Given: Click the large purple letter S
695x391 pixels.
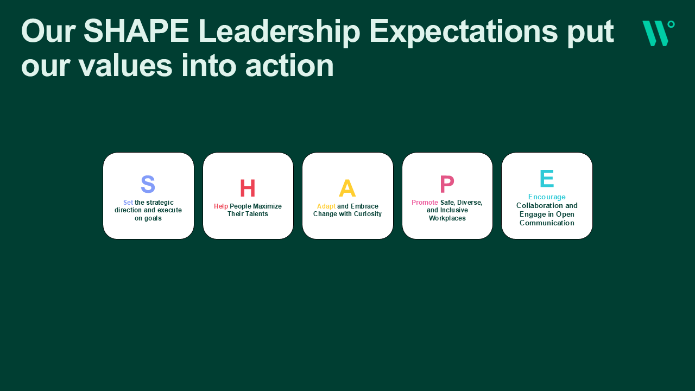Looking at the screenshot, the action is pos(148,184).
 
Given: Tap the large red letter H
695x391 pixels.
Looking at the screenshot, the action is pos(248,188).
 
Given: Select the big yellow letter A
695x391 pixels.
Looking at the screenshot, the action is pos(347,188).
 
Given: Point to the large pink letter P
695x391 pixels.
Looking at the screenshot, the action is pos(447,184).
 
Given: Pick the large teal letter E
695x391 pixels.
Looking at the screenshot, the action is pos(547,179).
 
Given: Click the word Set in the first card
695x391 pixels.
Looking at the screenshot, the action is pos(128,203).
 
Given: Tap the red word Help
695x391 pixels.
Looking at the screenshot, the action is pos(221,206).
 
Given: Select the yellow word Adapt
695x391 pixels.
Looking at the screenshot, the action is pos(326,206).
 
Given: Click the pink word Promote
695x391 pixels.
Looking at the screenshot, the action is pos(425,203).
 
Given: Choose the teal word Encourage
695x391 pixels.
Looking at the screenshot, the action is pos(547,197).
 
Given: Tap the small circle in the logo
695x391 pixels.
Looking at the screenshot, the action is pos(671,24).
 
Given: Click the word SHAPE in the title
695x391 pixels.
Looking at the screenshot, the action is pos(136,31).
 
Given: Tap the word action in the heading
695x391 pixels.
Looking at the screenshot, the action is pos(289,66).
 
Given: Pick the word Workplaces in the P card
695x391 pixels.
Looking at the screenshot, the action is pos(447,218).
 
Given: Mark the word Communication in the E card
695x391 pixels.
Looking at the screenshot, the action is pos(547,223).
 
